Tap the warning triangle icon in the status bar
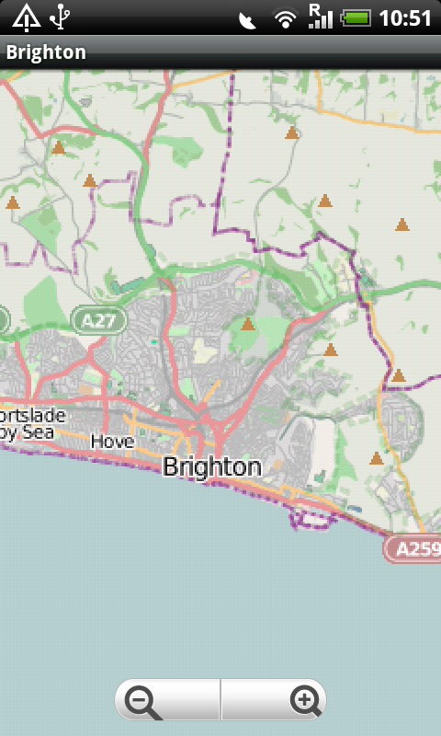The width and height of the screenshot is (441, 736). point(26,17)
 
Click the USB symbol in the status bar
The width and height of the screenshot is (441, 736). point(62,17)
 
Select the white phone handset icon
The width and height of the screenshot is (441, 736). point(247,18)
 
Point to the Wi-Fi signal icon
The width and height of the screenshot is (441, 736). point(286,17)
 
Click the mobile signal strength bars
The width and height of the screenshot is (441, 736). point(320,16)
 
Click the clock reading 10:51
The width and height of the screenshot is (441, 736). point(405,17)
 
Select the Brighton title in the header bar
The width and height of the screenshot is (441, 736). point(46,52)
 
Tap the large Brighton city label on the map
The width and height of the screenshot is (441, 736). point(211,466)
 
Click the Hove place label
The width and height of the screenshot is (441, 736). point(112,442)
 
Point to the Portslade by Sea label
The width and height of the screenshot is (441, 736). point(32,424)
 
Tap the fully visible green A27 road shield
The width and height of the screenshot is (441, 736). point(99,320)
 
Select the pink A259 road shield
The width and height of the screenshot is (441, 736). point(413,549)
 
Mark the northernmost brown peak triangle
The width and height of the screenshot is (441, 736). point(292,133)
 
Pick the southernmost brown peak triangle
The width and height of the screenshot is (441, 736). point(376,458)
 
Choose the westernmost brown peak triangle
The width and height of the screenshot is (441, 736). point(12,202)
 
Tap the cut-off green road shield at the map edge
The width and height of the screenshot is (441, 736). point(3,319)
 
